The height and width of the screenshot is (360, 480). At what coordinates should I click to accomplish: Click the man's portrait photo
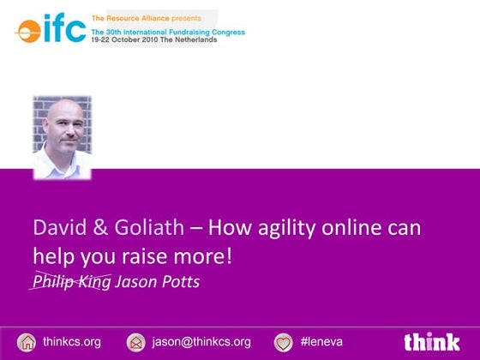[x=62, y=136]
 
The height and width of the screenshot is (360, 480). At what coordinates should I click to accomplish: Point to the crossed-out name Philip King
[x=71, y=281]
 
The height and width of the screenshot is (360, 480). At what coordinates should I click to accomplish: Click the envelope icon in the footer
[x=135, y=341]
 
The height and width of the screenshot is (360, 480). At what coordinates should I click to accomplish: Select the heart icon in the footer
[x=284, y=341]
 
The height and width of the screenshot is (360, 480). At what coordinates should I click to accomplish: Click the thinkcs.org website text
[x=72, y=341]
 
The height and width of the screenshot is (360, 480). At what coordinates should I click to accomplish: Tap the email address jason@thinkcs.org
[x=201, y=341]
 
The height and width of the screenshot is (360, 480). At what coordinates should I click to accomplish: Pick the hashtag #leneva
[x=322, y=341]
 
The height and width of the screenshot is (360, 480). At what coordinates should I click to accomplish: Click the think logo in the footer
[x=432, y=340]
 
